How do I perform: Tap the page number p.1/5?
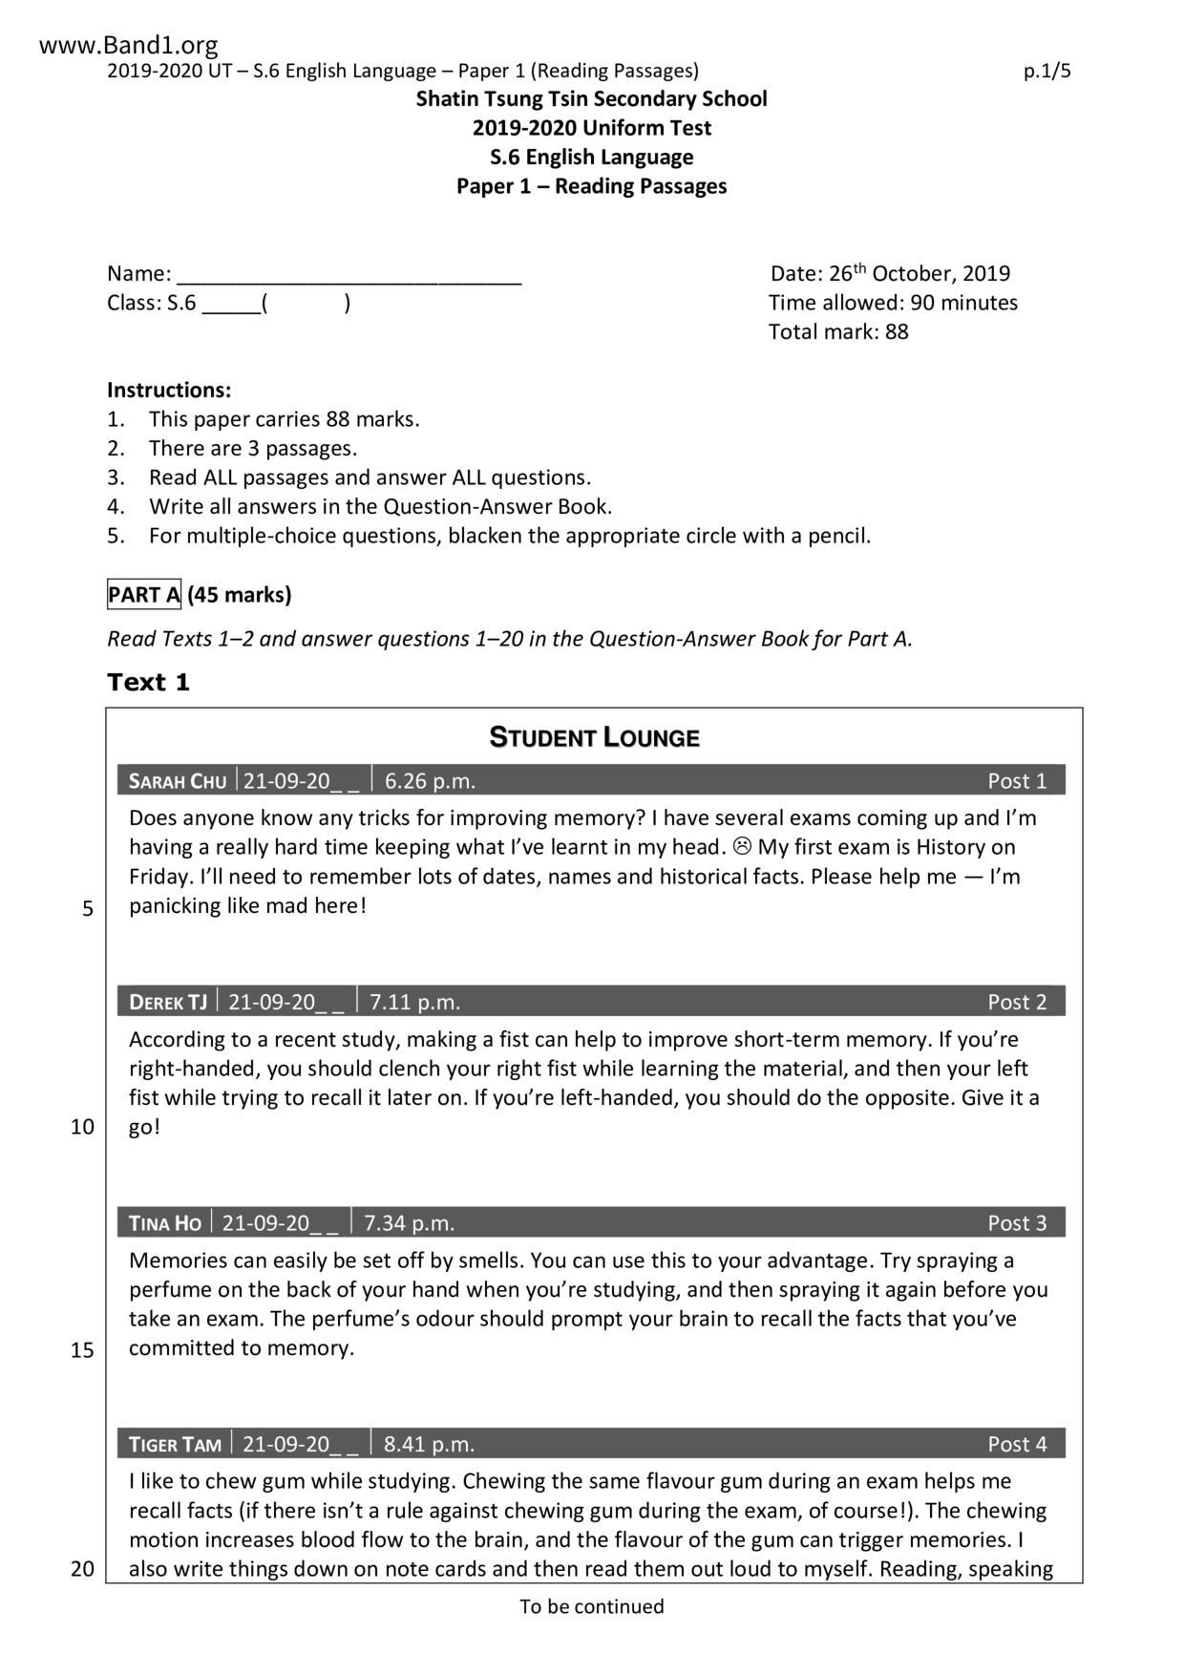[1047, 71]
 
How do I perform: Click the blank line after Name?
[349, 276]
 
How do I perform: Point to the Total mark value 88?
[897, 332]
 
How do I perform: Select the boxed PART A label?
[144, 595]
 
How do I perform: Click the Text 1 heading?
[149, 683]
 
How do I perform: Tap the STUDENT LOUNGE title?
[594, 738]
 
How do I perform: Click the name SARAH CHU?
[178, 781]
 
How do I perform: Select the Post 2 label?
[1017, 1003]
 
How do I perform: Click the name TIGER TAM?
[175, 1445]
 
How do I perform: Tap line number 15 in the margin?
[83, 1350]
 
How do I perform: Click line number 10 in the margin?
[83, 1128]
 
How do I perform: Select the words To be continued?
[591, 1607]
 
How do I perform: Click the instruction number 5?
[116, 537]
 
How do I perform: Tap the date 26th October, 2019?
[919, 274]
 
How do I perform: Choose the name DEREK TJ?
[168, 1003]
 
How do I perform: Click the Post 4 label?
[1017, 1445]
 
